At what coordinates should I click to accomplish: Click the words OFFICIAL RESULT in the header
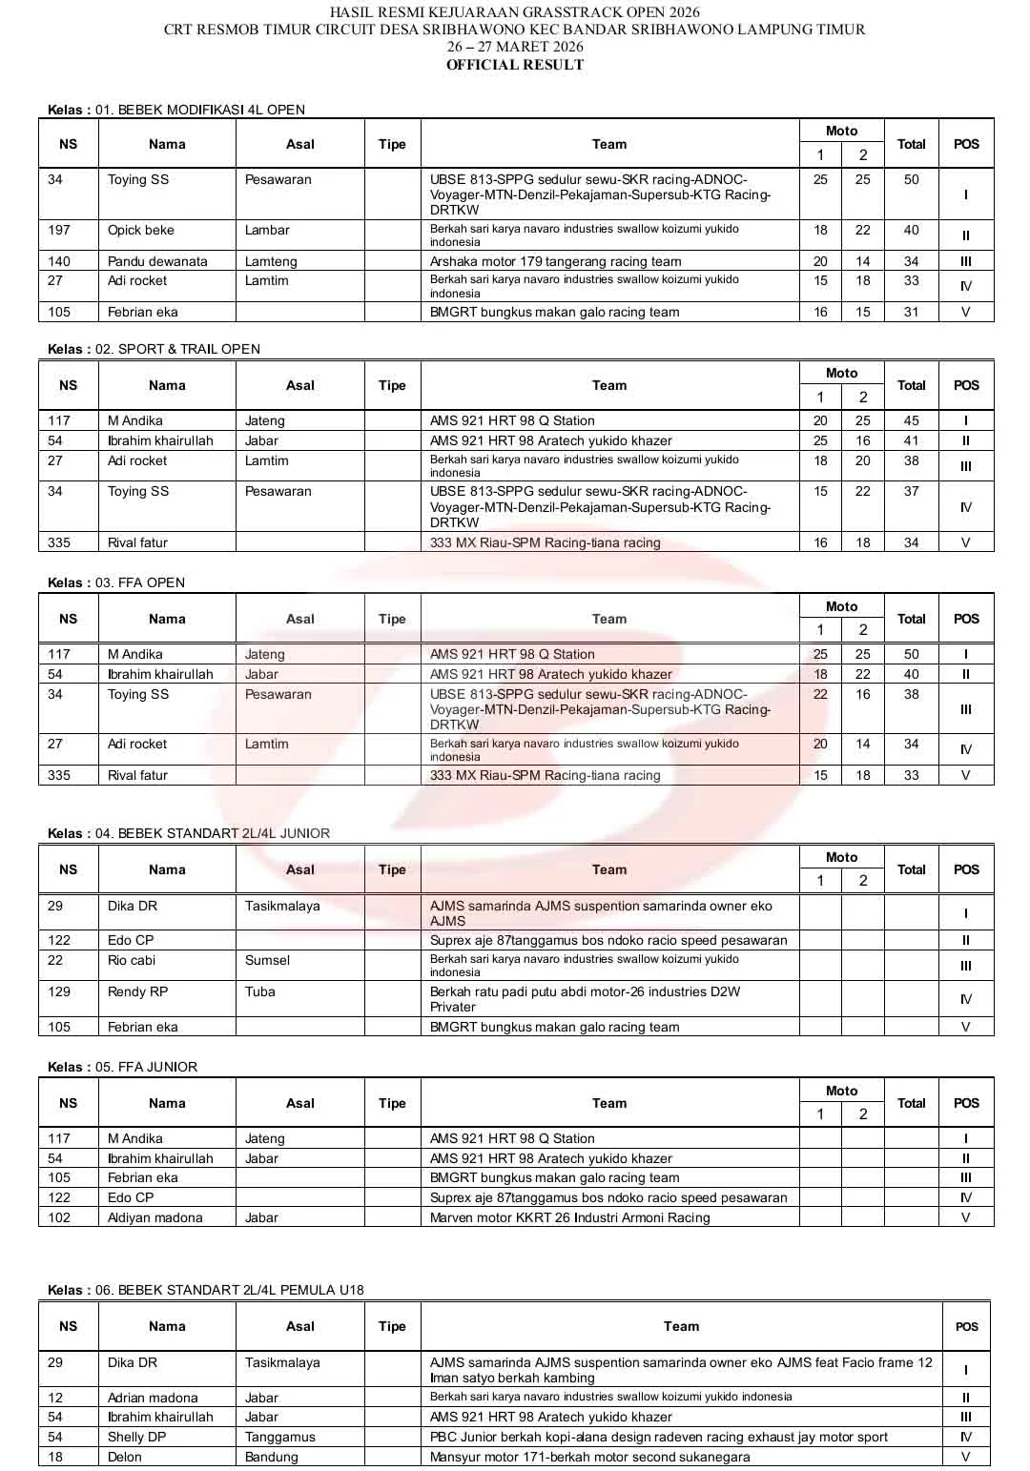click(x=514, y=65)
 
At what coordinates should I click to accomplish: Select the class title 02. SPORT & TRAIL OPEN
click(x=177, y=349)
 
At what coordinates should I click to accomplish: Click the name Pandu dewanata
click(x=157, y=261)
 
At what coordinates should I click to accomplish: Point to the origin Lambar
click(x=267, y=230)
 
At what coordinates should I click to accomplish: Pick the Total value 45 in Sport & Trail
click(x=911, y=420)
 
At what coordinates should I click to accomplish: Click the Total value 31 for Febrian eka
click(x=911, y=312)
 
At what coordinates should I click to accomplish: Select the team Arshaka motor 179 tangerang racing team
click(x=555, y=261)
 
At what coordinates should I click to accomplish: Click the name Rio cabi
click(x=132, y=960)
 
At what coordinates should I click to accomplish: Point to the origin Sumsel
click(x=267, y=960)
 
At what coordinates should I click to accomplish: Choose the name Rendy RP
click(x=137, y=991)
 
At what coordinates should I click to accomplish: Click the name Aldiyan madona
click(x=154, y=1217)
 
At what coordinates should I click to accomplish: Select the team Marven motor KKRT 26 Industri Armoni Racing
click(x=569, y=1217)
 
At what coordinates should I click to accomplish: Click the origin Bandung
click(x=271, y=1457)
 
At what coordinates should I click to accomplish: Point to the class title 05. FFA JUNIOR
click(x=146, y=1067)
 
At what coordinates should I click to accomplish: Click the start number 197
click(x=59, y=230)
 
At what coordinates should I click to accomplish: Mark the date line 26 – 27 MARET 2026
click(x=514, y=47)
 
